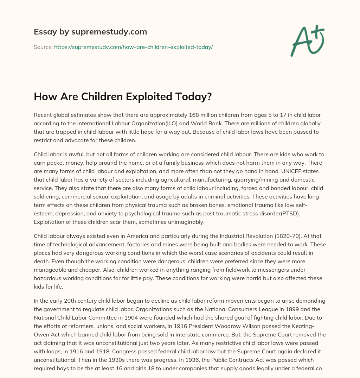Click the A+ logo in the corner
tap(307, 40)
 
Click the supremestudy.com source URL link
tap(133, 47)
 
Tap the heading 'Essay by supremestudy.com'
tap(90, 32)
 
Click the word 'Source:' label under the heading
tap(43, 47)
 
